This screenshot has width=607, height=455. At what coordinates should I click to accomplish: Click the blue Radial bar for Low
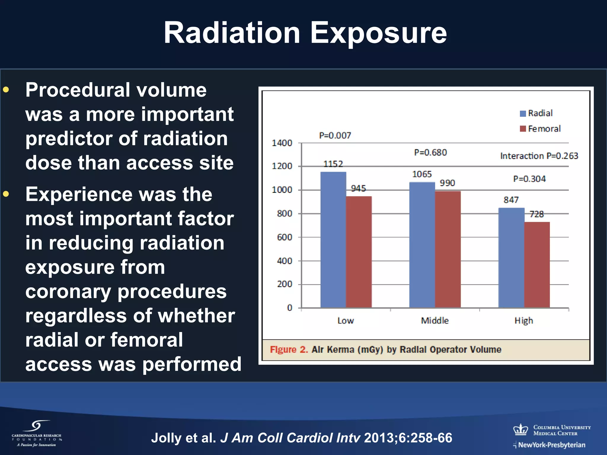(x=333, y=240)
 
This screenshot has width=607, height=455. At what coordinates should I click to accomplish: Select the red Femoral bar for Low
(x=359, y=252)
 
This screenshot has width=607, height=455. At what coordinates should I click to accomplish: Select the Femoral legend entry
(x=540, y=129)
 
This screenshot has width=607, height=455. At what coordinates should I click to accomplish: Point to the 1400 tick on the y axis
(x=282, y=143)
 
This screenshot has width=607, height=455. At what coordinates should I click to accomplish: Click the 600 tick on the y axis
(x=285, y=237)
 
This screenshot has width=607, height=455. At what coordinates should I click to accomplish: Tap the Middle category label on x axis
(x=435, y=321)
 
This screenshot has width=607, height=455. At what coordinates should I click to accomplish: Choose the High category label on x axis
(x=524, y=321)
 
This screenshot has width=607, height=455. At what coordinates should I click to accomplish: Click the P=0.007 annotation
(x=335, y=136)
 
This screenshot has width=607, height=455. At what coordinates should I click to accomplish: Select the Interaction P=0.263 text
(x=539, y=156)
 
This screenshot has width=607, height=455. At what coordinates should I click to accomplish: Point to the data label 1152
(x=333, y=164)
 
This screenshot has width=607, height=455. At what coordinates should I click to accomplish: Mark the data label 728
(x=536, y=214)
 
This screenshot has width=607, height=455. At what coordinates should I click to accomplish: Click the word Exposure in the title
(x=378, y=33)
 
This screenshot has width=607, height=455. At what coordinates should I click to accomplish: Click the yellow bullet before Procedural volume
(x=6, y=89)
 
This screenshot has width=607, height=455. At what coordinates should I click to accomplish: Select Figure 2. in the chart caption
(x=289, y=350)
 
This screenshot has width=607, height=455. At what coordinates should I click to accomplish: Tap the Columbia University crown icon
(x=521, y=430)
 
